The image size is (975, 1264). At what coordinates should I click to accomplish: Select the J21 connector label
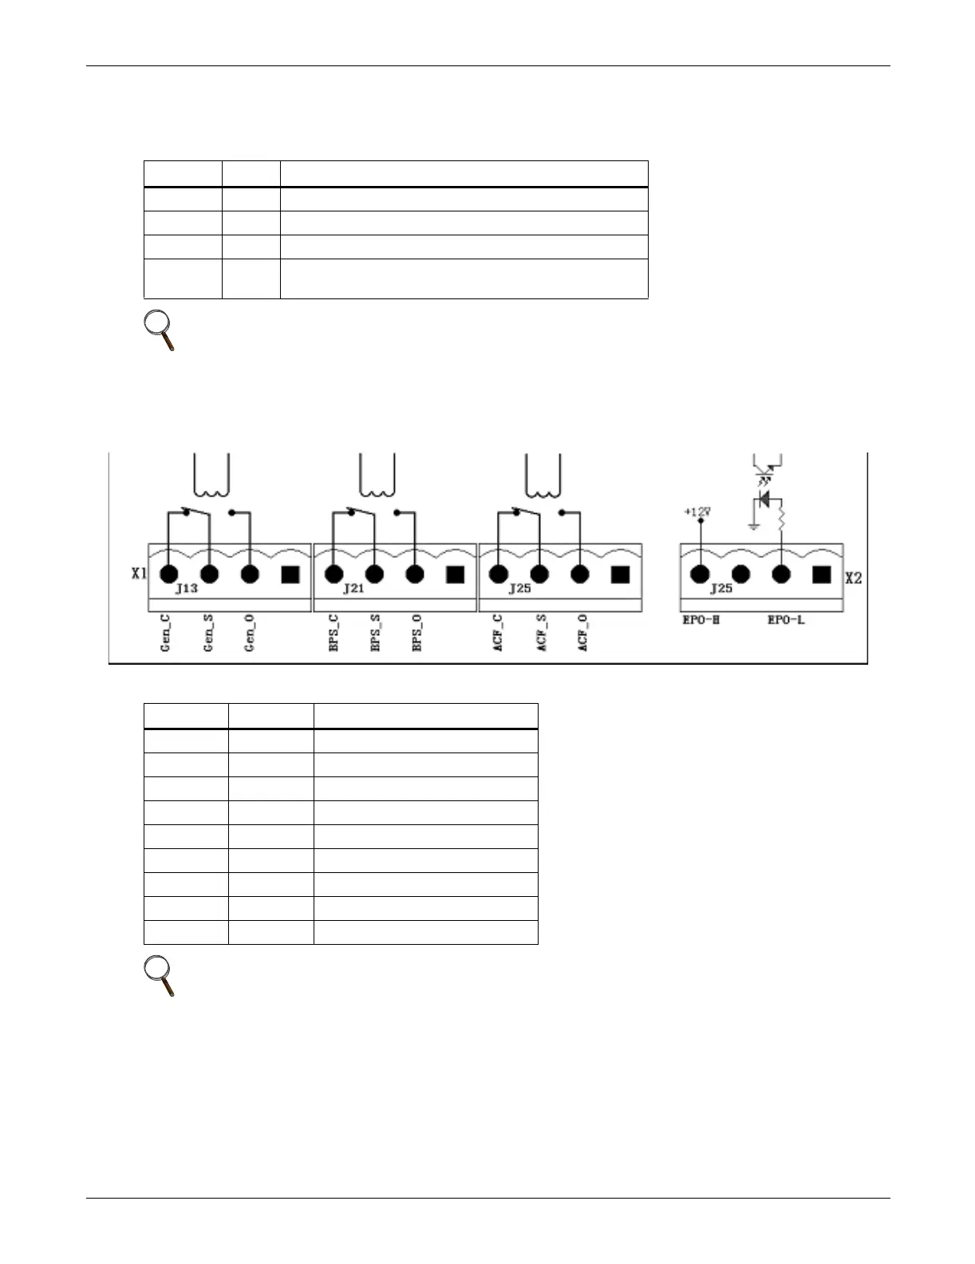[353, 589]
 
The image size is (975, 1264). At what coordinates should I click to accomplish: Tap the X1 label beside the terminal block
[140, 574]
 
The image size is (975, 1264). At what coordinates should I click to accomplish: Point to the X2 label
[853, 578]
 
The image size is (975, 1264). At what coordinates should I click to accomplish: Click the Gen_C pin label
[165, 634]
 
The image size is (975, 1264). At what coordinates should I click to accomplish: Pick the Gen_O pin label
[250, 634]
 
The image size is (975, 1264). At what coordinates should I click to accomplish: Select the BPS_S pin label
[374, 634]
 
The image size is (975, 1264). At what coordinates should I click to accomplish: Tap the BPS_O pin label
[416, 634]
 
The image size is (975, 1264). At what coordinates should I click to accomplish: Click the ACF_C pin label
[498, 634]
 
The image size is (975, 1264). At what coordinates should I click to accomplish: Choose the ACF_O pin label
[582, 634]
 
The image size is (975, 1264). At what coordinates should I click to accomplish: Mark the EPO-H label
[702, 619]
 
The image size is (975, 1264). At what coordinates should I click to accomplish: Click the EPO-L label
[785, 619]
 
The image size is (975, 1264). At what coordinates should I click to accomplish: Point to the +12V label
[697, 512]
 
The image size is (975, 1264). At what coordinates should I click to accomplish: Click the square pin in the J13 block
[290, 575]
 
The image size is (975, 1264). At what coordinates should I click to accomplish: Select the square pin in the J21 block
[455, 575]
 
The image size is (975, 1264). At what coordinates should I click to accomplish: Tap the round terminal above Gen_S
[209, 574]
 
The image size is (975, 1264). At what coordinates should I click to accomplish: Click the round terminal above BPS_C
[334, 574]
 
